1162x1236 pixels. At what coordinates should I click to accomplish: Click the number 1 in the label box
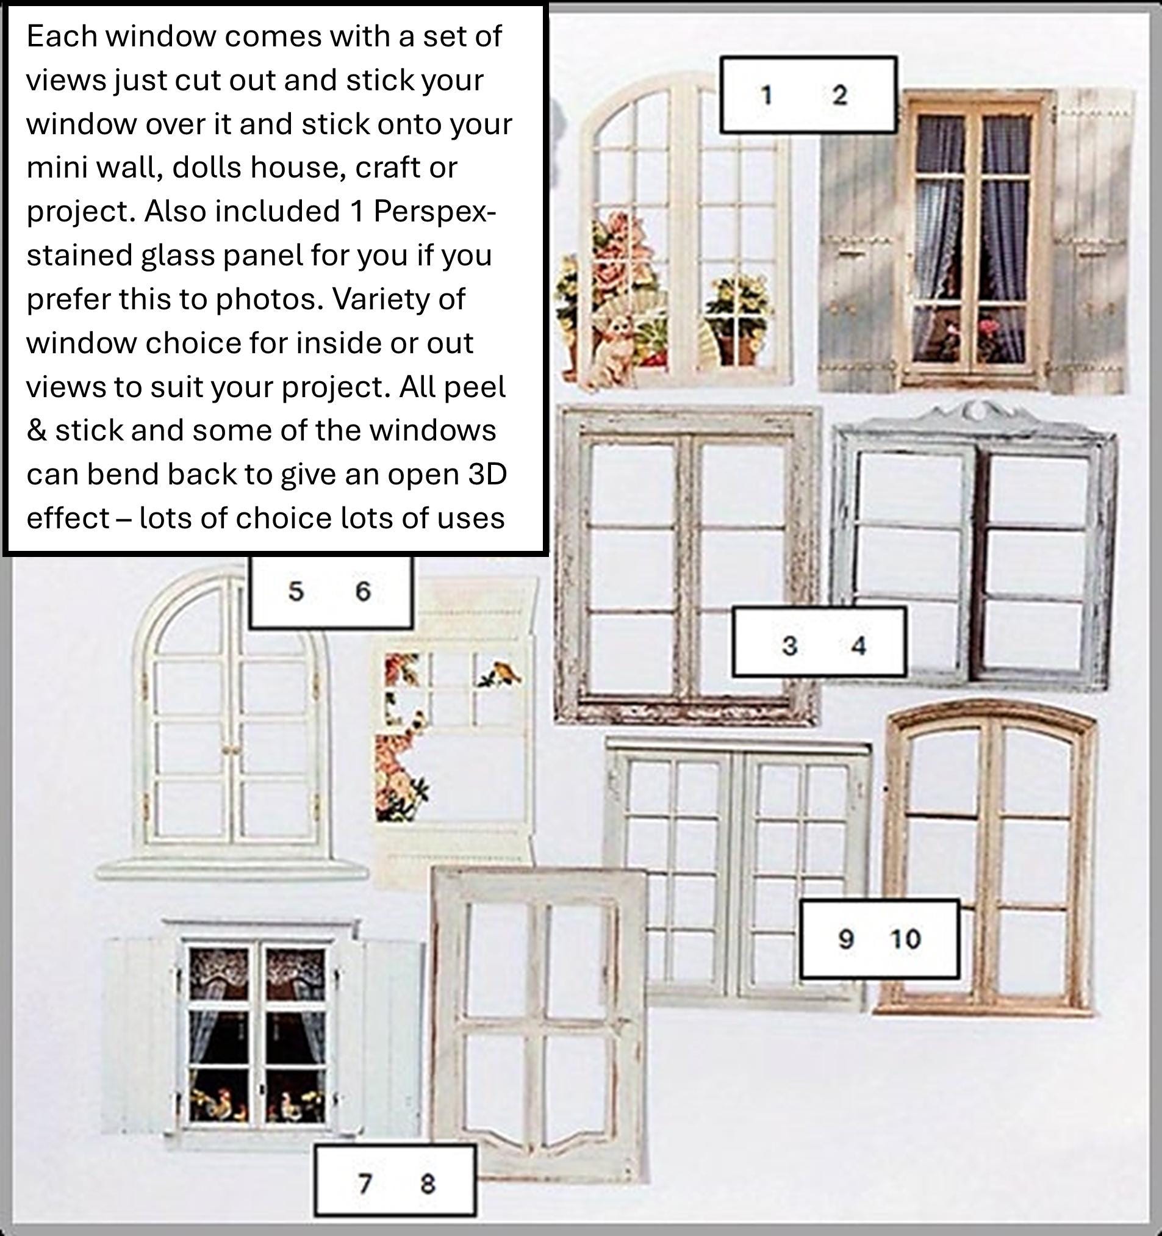coord(767,95)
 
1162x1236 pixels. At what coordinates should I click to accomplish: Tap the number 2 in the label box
coord(839,95)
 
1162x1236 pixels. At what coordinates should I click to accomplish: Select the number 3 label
coord(789,645)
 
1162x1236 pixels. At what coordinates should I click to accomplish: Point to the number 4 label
coord(859,645)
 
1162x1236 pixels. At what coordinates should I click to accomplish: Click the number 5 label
coord(296,591)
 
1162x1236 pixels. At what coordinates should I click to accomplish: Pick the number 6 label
coord(363,591)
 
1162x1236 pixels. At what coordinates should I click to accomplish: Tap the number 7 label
coord(365,1184)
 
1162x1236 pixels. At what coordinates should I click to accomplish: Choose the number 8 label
coord(428,1184)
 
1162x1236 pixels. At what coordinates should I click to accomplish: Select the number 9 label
coord(845,939)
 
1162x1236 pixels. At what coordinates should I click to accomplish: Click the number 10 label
coord(905,939)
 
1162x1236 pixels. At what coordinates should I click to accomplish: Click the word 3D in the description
coord(487,475)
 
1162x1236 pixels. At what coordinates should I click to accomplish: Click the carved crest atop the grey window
coord(977,411)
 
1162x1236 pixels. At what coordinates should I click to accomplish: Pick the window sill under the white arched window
coord(231,869)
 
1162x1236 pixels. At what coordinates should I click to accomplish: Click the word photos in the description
coord(269,300)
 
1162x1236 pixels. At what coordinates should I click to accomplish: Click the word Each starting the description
coord(62,36)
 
